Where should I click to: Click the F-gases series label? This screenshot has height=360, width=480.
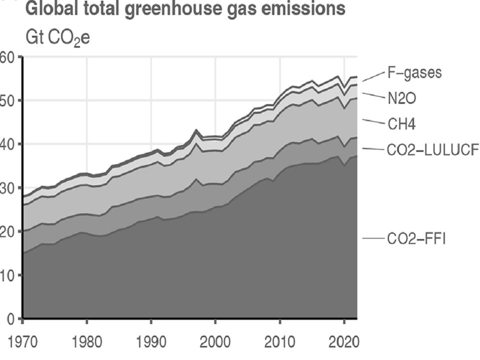pyautogui.click(x=414, y=72)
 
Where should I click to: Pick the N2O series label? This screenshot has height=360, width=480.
pyautogui.click(x=401, y=98)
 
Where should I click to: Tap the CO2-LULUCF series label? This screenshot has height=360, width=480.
pyautogui.click(x=433, y=149)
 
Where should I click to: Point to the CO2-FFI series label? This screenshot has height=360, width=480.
pyautogui.click(x=416, y=239)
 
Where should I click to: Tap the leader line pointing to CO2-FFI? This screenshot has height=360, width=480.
pyautogui.click(x=373, y=239)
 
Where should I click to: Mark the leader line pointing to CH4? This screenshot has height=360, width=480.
pyautogui.click(x=372, y=121)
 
